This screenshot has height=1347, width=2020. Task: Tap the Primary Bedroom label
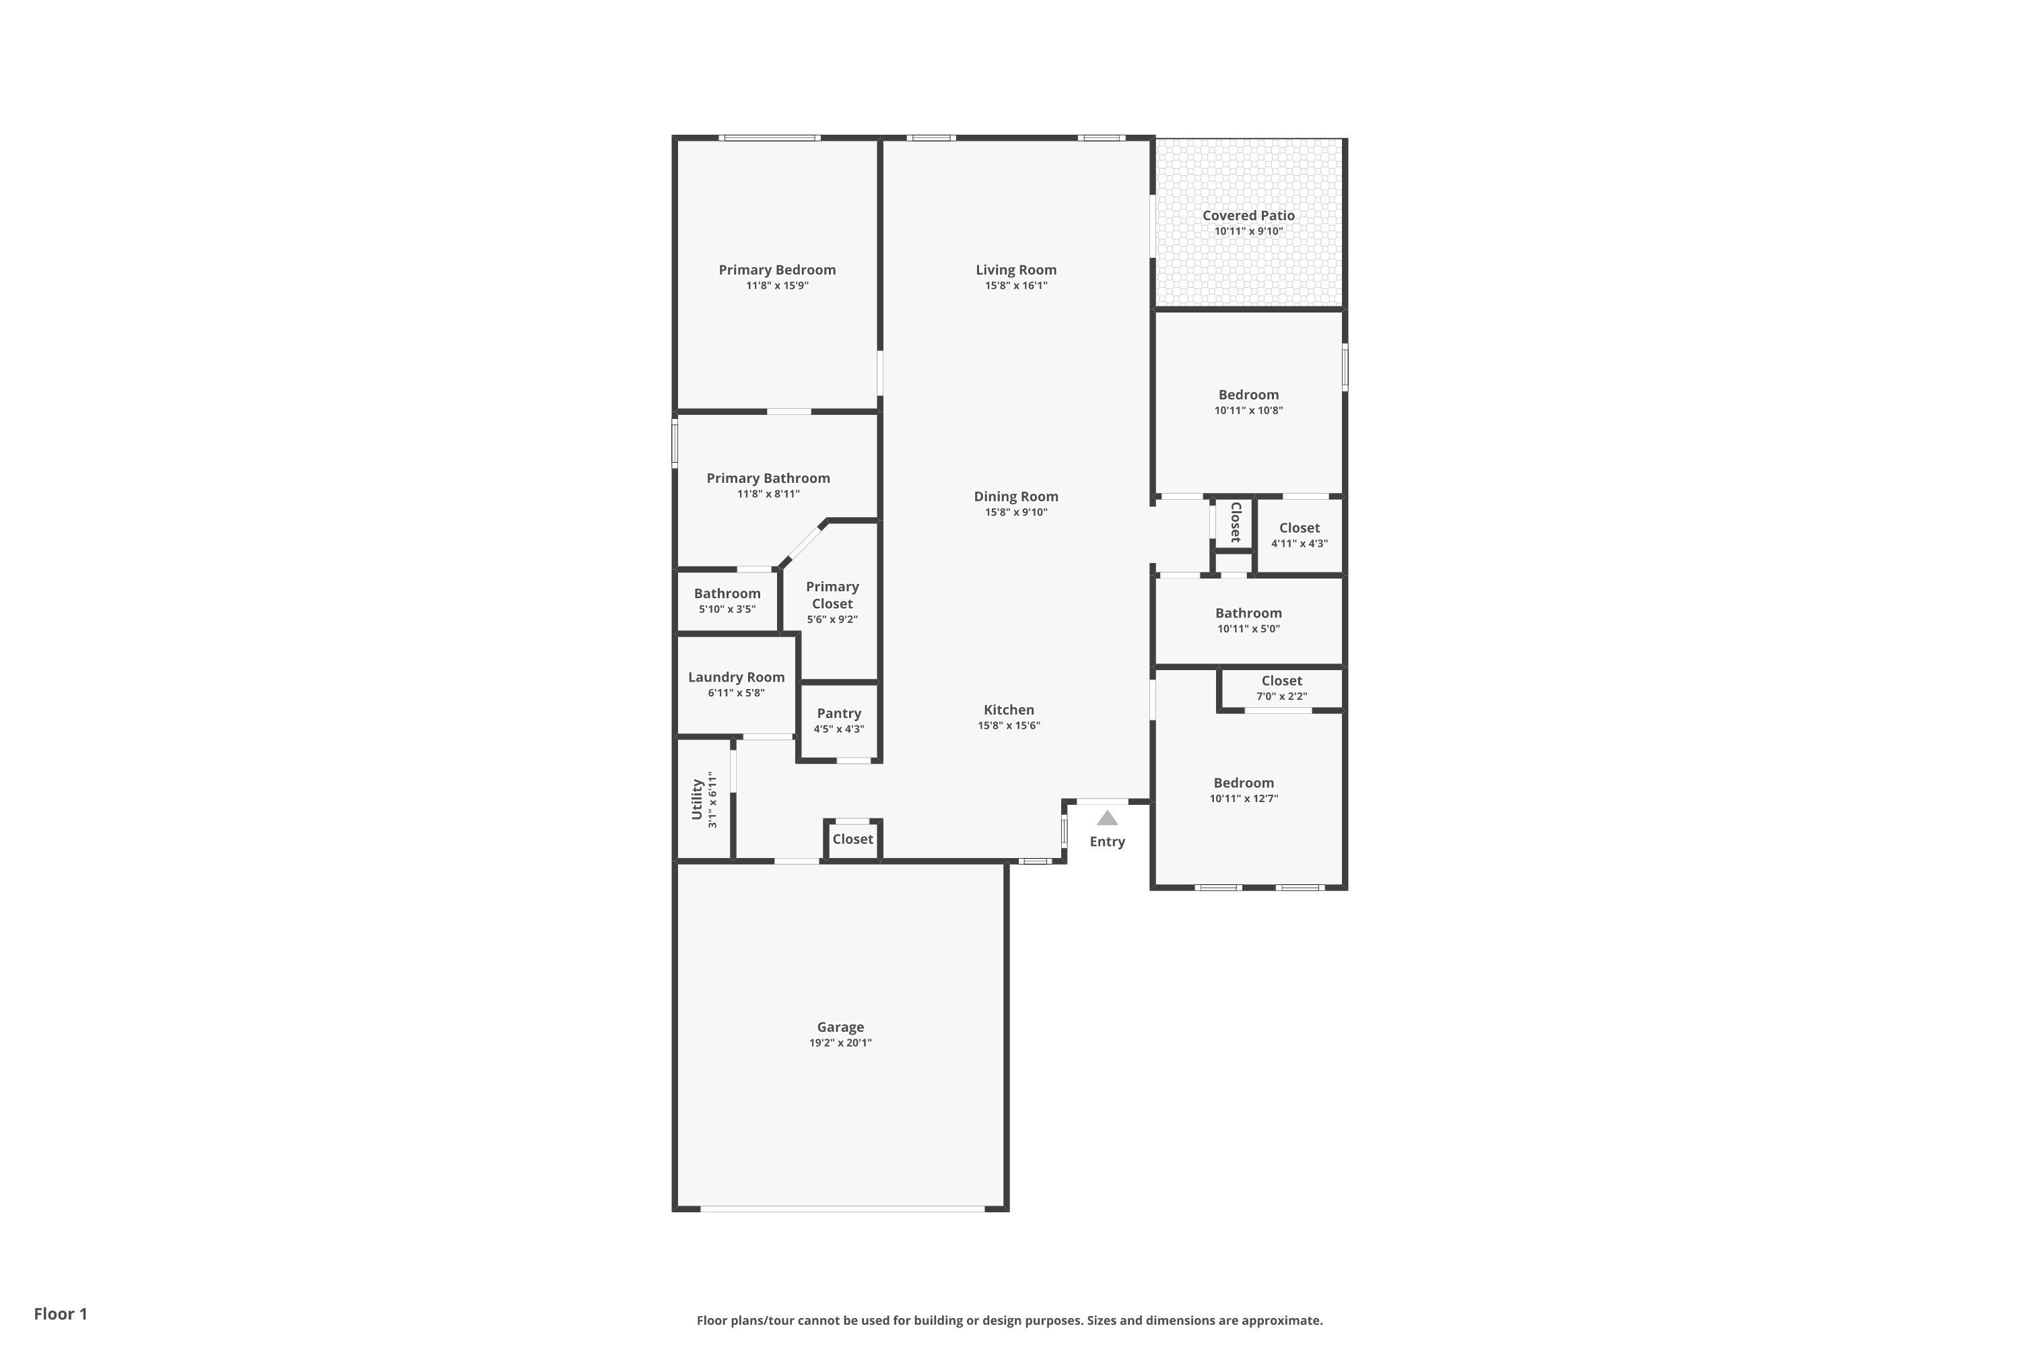point(777,270)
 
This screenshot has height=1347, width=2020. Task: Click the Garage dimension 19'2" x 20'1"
point(840,1043)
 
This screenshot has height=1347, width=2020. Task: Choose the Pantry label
point(839,713)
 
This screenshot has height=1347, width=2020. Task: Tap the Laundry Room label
point(736,677)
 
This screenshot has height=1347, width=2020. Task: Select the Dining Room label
point(1016,496)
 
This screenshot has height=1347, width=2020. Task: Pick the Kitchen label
point(1009,710)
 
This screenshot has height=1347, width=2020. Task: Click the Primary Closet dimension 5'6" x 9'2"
point(832,620)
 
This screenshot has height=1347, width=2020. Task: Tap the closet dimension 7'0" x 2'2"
point(1282,696)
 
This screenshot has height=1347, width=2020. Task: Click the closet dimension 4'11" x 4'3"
point(1300,544)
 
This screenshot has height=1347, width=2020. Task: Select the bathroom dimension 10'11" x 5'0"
point(1249,629)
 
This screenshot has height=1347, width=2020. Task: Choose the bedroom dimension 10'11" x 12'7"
point(1244,799)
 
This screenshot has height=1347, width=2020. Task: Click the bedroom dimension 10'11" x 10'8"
point(1249,411)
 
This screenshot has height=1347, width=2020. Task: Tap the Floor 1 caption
point(61,1313)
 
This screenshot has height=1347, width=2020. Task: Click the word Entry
point(1107,842)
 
